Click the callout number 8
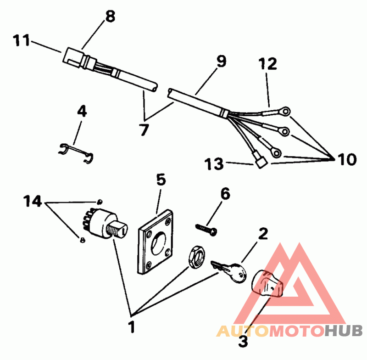110,17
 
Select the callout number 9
221,62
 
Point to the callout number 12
267,64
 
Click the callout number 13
215,163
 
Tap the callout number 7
144,130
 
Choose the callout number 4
81,112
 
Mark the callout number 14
33,201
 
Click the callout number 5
161,179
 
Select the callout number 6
225,194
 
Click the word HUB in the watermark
345,330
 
